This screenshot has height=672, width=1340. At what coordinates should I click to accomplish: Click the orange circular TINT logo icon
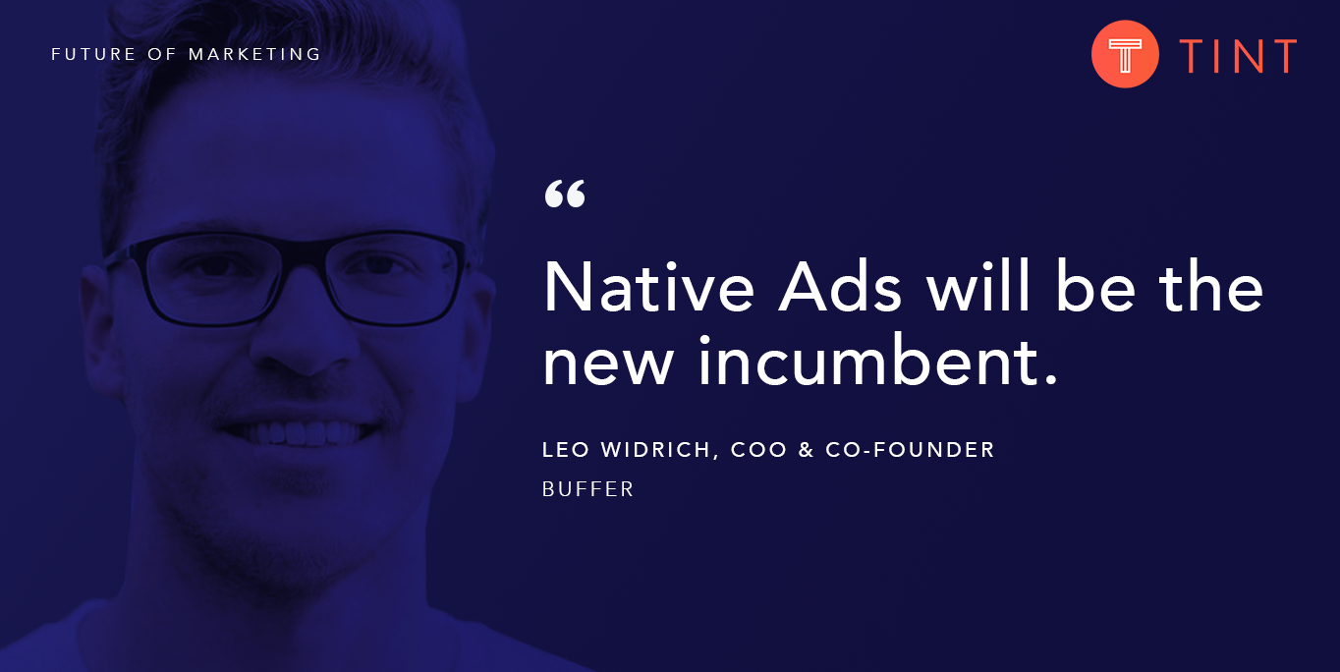click(x=1125, y=54)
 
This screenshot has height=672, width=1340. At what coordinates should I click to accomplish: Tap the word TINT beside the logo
click(x=1238, y=56)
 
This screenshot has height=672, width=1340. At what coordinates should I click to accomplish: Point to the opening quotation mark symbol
click(x=564, y=195)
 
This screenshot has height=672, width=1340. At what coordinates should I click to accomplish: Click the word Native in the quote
click(x=648, y=288)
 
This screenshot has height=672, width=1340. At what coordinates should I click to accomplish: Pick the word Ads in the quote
click(x=841, y=288)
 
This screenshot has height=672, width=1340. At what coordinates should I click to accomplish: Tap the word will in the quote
click(x=978, y=288)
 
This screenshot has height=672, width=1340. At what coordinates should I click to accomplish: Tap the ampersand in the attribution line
click(x=807, y=450)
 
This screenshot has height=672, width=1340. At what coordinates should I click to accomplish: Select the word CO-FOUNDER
click(x=910, y=450)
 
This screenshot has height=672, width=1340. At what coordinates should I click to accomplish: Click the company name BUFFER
click(x=587, y=488)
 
